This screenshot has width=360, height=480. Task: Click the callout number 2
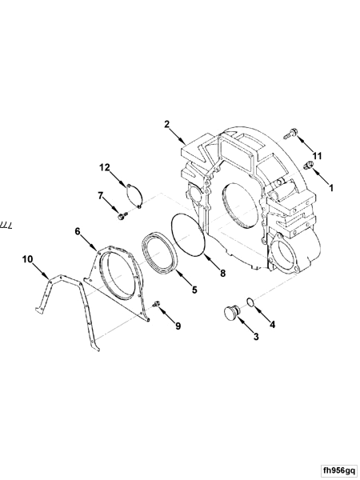coord(166,124)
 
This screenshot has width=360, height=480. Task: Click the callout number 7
coord(101,195)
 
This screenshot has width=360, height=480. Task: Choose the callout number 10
coord(27,258)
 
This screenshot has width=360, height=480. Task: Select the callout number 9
coord(178,326)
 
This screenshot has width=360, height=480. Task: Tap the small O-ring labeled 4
coord(251,302)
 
